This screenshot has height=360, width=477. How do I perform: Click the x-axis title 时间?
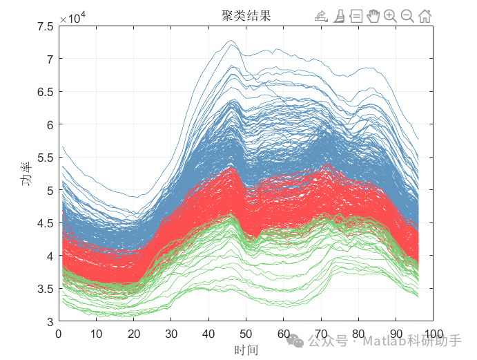coord(246,350)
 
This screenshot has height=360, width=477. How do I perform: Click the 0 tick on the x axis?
coord(59,334)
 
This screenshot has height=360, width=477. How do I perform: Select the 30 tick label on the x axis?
coord(171,334)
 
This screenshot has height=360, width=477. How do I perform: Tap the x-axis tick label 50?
coord(246,334)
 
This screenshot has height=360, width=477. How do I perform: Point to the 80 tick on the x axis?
coord(358,334)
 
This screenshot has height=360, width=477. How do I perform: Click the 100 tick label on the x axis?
coord(433,334)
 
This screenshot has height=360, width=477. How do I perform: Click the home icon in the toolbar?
coord(425,16)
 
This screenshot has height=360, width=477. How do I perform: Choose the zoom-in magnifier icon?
coord(390,16)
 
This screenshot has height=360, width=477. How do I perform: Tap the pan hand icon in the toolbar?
coord(373,16)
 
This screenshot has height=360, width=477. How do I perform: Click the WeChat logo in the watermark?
coord(296,341)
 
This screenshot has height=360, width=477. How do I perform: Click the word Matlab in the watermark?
coord(382,341)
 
